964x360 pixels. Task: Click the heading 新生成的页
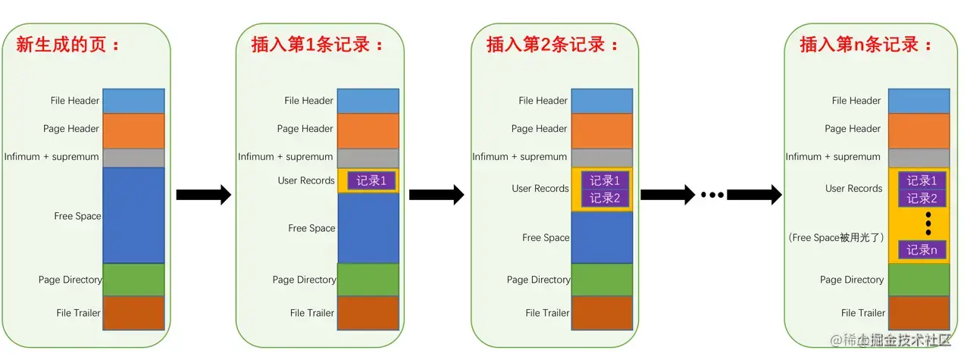68,44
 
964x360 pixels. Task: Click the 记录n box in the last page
922,249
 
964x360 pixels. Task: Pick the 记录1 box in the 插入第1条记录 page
371,180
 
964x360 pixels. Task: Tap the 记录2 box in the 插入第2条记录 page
605,198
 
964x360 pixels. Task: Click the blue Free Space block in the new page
133,215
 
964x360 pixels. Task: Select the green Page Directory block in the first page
133,280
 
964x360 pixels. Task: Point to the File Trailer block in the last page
919,312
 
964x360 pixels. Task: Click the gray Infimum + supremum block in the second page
368,157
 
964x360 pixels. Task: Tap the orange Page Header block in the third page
602,130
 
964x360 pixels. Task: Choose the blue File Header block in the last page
919,101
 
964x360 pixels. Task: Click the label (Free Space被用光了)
835,237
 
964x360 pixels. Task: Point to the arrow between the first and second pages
203,195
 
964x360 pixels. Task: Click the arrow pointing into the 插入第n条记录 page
754,195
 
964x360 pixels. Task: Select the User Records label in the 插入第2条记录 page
540,189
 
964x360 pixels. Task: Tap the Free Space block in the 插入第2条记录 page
602,237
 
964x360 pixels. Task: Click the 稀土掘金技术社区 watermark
890,340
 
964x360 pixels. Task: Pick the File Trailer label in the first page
77,312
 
